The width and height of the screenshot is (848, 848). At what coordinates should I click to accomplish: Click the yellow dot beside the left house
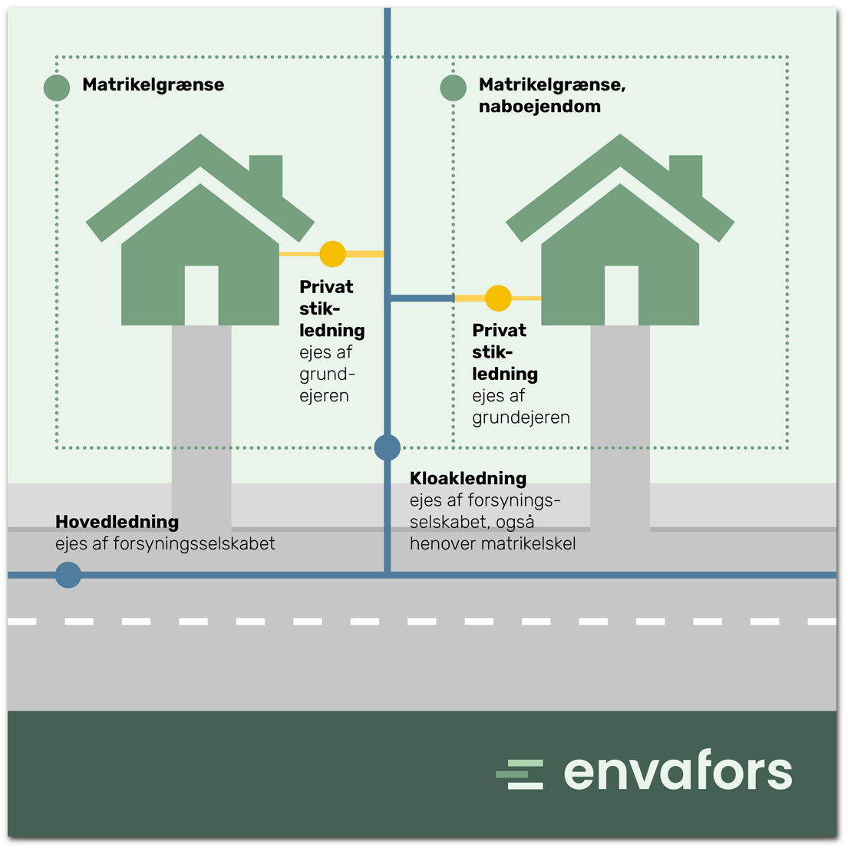pyautogui.click(x=332, y=253)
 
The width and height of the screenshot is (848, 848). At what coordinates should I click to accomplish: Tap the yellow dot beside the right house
pyautogui.click(x=498, y=298)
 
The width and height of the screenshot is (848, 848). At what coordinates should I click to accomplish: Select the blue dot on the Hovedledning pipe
pyautogui.click(x=68, y=575)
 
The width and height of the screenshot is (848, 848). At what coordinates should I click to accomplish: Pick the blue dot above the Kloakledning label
pyautogui.click(x=388, y=447)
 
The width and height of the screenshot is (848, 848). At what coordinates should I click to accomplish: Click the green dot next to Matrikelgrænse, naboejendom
pyautogui.click(x=453, y=87)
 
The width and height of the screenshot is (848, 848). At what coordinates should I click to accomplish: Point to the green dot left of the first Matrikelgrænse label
pyautogui.click(x=57, y=87)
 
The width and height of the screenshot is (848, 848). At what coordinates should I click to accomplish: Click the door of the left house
pyautogui.click(x=201, y=295)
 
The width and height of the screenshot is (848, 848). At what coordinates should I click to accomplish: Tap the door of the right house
pyautogui.click(x=621, y=295)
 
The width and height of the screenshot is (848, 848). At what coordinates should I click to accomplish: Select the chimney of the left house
pyautogui.click(x=266, y=173)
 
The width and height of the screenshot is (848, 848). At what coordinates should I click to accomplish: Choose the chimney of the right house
pyautogui.click(x=686, y=173)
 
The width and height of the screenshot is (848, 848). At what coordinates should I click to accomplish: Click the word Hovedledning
pyautogui.click(x=117, y=522)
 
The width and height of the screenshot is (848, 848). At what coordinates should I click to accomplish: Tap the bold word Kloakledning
pyautogui.click(x=467, y=478)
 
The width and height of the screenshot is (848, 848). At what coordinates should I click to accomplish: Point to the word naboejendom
pyautogui.click(x=539, y=107)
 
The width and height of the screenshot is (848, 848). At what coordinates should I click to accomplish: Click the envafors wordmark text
pyautogui.click(x=678, y=772)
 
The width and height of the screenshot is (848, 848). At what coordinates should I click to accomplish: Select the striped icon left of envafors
pyautogui.click(x=520, y=774)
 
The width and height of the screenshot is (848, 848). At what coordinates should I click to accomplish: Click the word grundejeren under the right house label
pyautogui.click(x=520, y=417)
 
